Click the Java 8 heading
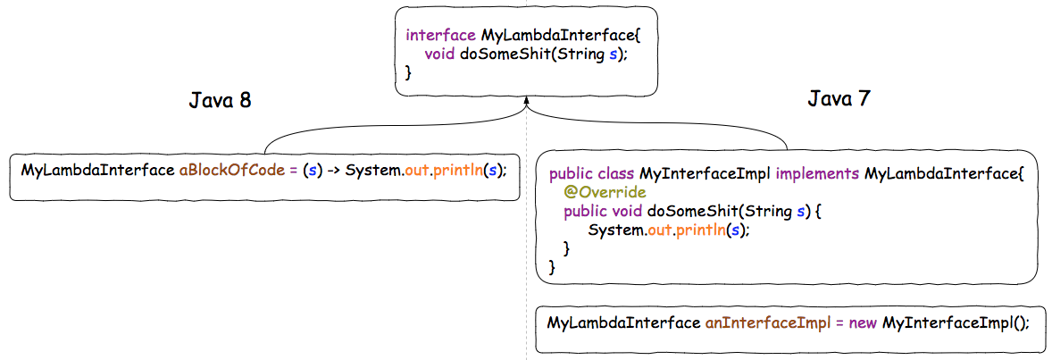pos(220,100)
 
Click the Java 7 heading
pos(839,98)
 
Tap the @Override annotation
pos(604,192)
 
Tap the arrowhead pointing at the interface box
pos(527,105)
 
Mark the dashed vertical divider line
pos(527,268)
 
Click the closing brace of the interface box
pos(409,73)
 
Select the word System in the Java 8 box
pos(372,170)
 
